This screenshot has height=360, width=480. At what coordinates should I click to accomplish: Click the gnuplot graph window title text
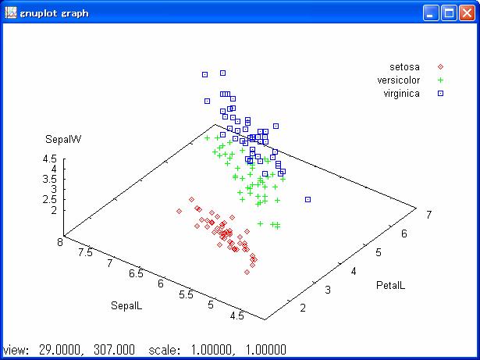coord(54,12)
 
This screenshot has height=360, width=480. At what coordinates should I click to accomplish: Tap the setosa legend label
coord(405,66)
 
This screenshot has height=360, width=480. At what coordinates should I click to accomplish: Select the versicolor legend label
coord(399,80)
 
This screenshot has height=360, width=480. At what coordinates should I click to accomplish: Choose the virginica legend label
coord(402,93)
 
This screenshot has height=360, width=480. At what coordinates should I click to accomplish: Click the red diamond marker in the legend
coord(440,66)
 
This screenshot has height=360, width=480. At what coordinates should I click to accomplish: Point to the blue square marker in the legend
coord(440,93)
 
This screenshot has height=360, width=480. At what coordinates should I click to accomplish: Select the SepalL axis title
coord(126,305)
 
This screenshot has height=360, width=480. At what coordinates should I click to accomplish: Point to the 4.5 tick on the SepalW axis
coord(49,159)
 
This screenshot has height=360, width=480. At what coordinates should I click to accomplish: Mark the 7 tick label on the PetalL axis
coord(428,214)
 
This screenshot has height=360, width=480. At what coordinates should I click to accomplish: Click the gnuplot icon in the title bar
coord(11,12)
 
